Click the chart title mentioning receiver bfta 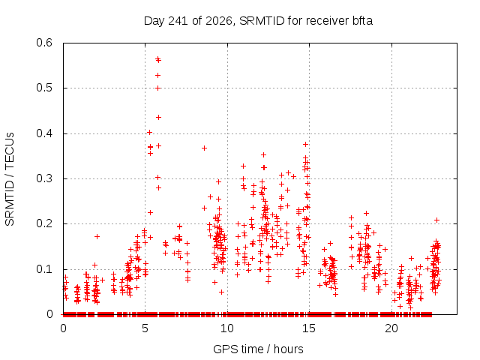pyautogui.click(x=258, y=21)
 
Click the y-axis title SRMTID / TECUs pyautogui.click(x=10, y=179)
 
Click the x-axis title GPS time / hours pyautogui.click(x=258, y=349)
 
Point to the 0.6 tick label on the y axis pyautogui.click(x=44, y=43)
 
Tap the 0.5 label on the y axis pyautogui.click(x=44, y=88)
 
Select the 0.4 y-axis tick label pyautogui.click(x=44, y=133)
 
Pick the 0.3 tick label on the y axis pyautogui.click(x=44, y=178)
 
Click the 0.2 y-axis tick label pyautogui.click(x=44, y=223)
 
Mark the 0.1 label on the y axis pyautogui.click(x=44, y=269)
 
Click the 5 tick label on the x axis pyautogui.click(x=145, y=328)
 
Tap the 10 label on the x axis pyautogui.click(x=227, y=328)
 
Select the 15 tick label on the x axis pyautogui.click(x=309, y=328)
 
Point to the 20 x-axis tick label pyautogui.click(x=391, y=328)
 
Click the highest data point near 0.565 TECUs pyautogui.click(x=157, y=58)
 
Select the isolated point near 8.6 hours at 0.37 pyautogui.click(x=204, y=148)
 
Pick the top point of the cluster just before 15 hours pyautogui.click(x=305, y=144)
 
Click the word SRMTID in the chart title pyautogui.click(x=262, y=21)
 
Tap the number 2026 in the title pyautogui.click(x=219, y=21)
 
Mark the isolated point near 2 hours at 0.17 pyautogui.click(x=97, y=236)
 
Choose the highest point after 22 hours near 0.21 pyautogui.click(x=436, y=220)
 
